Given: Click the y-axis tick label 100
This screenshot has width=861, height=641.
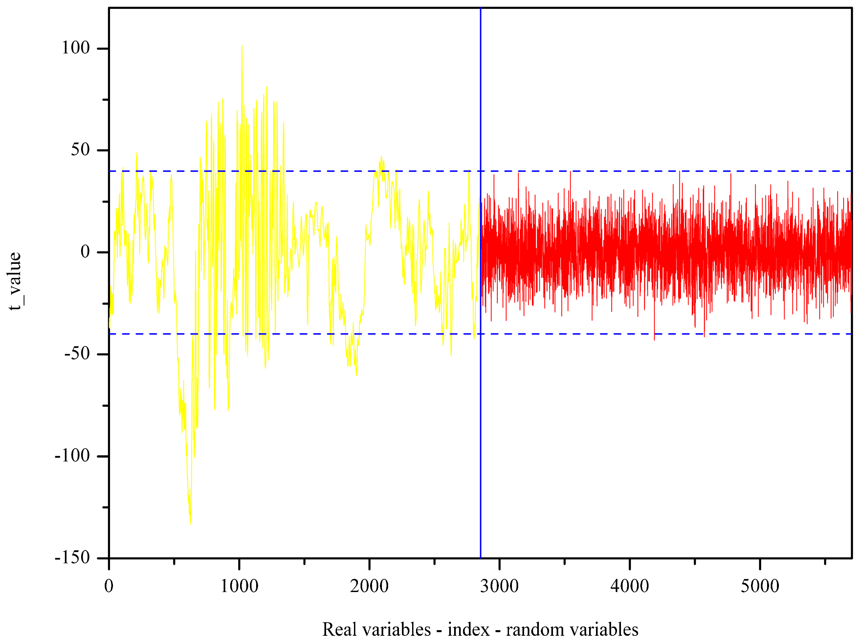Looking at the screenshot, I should (76, 48).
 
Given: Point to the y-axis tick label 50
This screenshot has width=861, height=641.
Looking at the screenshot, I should (80, 149).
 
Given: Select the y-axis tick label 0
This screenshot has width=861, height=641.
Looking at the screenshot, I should (85, 251).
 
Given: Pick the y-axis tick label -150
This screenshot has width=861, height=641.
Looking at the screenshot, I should (73, 557).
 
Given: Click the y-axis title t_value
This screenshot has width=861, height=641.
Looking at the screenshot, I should (15, 281).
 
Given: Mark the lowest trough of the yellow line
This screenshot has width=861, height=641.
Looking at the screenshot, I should (190, 524).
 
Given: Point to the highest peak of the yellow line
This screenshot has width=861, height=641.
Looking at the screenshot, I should (242, 46).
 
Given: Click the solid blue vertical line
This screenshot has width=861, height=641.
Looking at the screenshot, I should (480, 427).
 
